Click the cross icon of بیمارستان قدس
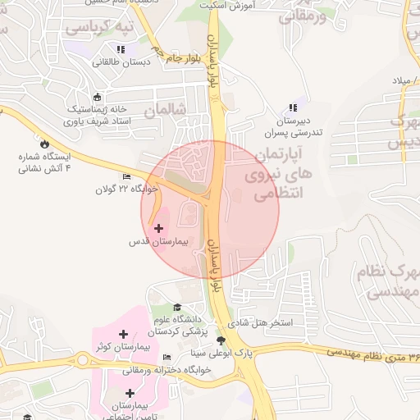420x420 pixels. [158, 227]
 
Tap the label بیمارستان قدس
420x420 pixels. [159, 243]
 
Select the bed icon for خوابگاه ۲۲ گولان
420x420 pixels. [126, 176]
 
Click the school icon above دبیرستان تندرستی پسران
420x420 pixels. [293, 107]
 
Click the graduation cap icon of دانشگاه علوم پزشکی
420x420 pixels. [177, 307]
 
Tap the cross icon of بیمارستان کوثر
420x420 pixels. [123, 334]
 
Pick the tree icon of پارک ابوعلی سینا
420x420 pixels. [220, 340]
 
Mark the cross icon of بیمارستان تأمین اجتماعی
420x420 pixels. [130, 393]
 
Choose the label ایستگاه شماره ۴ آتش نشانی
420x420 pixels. [45, 162]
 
